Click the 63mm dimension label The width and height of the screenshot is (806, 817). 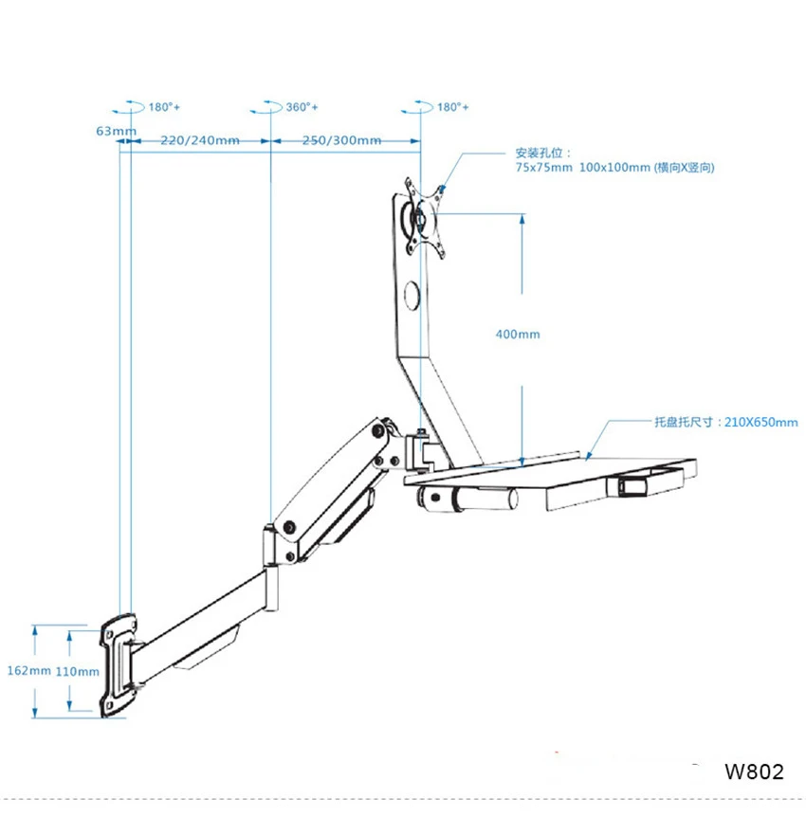point(116,130)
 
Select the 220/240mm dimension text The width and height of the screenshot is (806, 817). point(200,139)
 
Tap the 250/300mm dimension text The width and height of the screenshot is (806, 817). point(341,139)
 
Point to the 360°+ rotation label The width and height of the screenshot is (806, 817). point(302,107)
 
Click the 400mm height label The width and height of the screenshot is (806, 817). point(517,334)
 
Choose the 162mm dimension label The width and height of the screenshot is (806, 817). point(28,671)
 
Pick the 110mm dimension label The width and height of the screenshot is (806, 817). point(77,672)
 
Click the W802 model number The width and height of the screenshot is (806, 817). point(754,772)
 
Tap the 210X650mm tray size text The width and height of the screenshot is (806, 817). point(760,422)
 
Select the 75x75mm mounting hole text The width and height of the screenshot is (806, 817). point(543,167)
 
